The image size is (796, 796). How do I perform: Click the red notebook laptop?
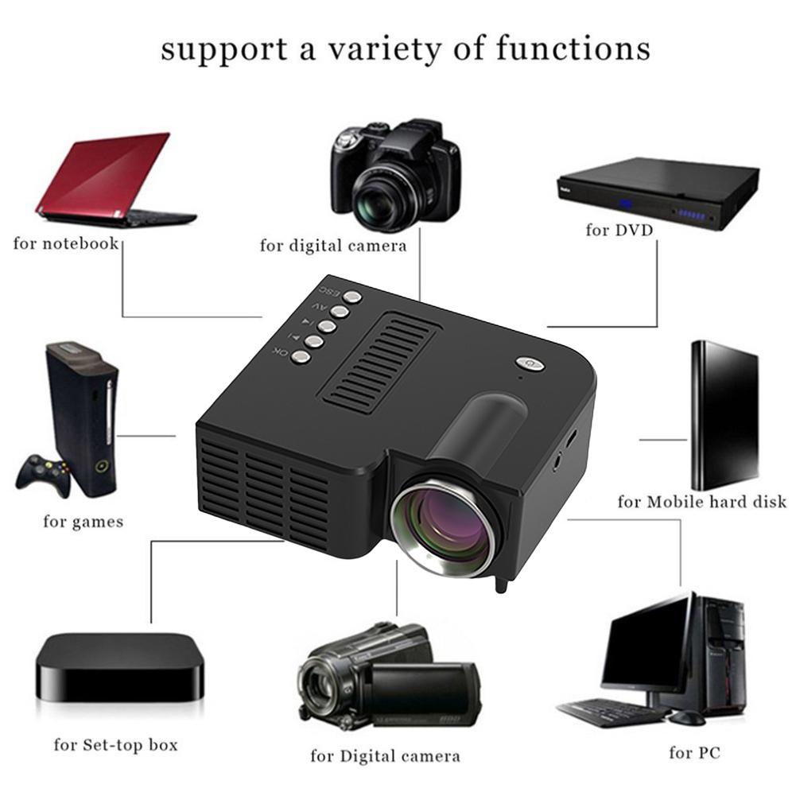111,179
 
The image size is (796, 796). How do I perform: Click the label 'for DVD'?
619,231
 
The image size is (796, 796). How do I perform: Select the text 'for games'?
83,522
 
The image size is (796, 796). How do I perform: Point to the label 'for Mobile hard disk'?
701,502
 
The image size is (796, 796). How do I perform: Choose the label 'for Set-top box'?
115,745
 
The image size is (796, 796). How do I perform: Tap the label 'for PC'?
694,751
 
